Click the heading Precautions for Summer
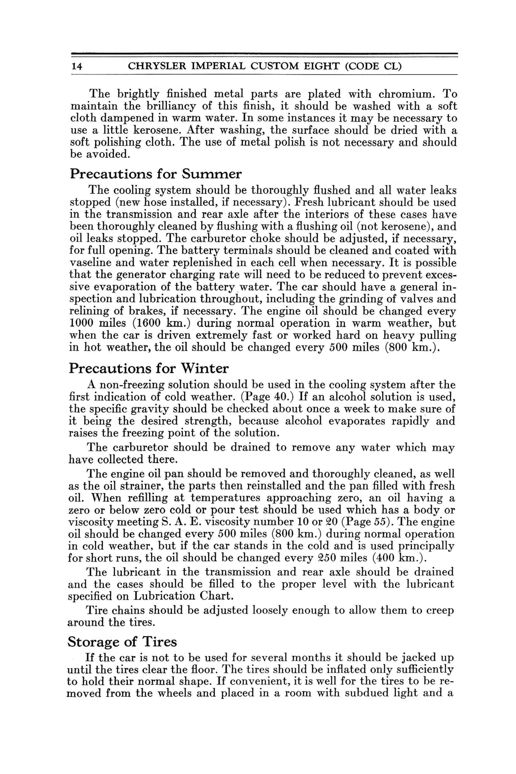coord(156,174)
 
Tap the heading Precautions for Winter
coord(148,368)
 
